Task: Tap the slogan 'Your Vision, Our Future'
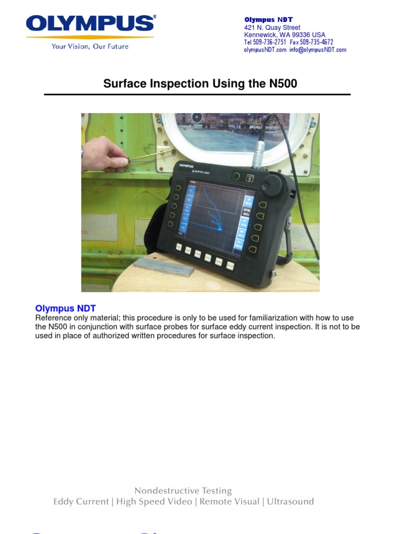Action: (90, 46)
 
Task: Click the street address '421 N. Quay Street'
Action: (272, 28)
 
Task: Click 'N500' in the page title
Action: (282, 84)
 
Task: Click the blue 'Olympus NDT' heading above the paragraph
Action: (65, 309)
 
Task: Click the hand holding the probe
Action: (105, 155)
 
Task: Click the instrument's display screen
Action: (214, 213)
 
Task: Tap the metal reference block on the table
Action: (163, 266)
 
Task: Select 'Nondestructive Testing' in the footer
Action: (183, 491)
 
